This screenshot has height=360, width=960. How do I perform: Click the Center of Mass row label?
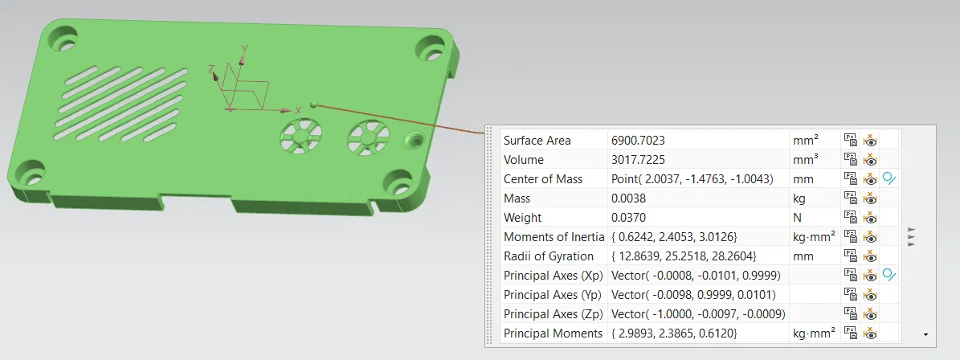(x=542, y=179)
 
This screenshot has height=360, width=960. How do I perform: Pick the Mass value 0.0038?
(x=627, y=198)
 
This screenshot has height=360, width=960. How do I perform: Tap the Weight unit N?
(x=797, y=218)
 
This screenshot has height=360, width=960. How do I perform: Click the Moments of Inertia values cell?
(x=674, y=237)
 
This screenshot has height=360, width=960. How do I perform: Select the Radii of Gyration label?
(x=548, y=256)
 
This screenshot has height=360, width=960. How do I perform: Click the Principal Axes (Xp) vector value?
(x=695, y=276)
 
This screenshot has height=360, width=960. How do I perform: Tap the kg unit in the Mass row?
(x=799, y=198)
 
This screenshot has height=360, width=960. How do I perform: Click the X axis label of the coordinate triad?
(x=298, y=109)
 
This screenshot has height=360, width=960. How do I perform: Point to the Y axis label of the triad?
(x=244, y=49)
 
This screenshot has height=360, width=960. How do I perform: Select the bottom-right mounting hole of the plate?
(x=398, y=181)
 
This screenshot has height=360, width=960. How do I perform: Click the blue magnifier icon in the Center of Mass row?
(x=889, y=179)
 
